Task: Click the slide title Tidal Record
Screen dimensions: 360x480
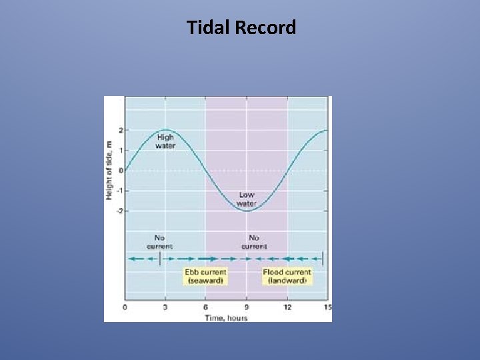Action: click(x=241, y=28)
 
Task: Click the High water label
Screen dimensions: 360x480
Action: click(x=165, y=141)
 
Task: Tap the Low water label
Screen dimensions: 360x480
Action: click(x=247, y=199)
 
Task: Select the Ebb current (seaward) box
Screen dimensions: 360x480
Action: click(x=205, y=276)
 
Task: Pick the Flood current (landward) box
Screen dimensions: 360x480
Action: click(x=287, y=276)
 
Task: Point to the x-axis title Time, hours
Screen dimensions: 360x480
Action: click(x=226, y=317)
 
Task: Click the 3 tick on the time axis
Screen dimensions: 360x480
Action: click(x=165, y=307)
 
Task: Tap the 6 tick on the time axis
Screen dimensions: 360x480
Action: click(x=206, y=307)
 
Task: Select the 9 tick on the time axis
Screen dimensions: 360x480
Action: click(x=247, y=307)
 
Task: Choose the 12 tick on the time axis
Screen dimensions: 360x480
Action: click(x=287, y=307)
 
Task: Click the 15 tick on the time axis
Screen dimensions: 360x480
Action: click(x=327, y=307)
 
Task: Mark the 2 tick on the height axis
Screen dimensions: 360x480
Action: click(x=121, y=130)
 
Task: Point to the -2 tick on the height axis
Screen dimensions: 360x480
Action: click(x=119, y=211)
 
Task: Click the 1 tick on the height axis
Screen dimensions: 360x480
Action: click(x=121, y=150)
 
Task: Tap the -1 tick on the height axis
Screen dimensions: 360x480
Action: click(x=119, y=191)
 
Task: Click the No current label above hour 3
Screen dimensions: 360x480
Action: click(x=159, y=242)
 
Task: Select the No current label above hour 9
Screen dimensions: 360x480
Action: click(x=254, y=242)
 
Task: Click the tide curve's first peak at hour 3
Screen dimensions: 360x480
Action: click(x=165, y=130)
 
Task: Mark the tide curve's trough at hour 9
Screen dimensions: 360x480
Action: click(x=247, y=211)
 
